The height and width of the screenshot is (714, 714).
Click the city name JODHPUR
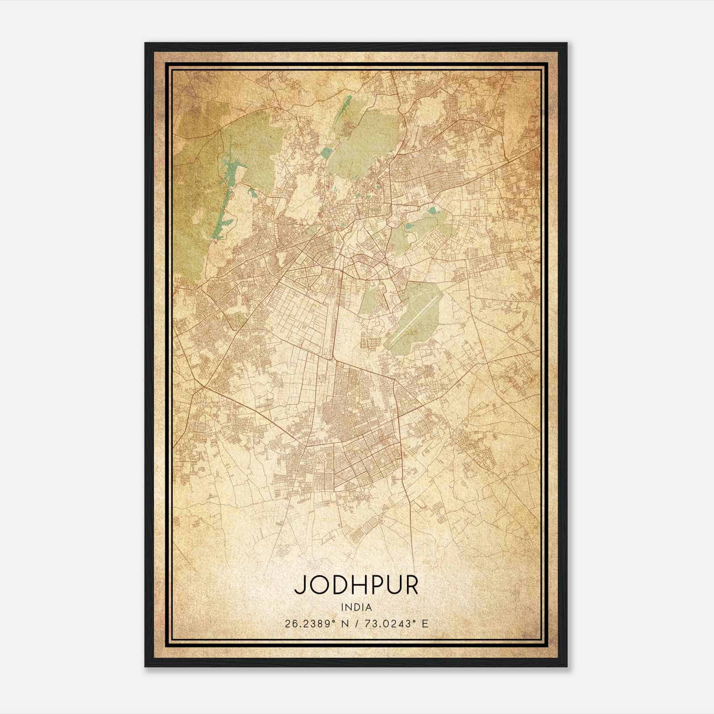point(356,585)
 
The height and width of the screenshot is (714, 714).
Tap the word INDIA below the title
point(356,607)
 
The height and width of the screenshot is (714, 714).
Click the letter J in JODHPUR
point(299,585)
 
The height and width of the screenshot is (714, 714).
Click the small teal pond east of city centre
point(432,211)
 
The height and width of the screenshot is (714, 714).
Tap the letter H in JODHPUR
point(357,585)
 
